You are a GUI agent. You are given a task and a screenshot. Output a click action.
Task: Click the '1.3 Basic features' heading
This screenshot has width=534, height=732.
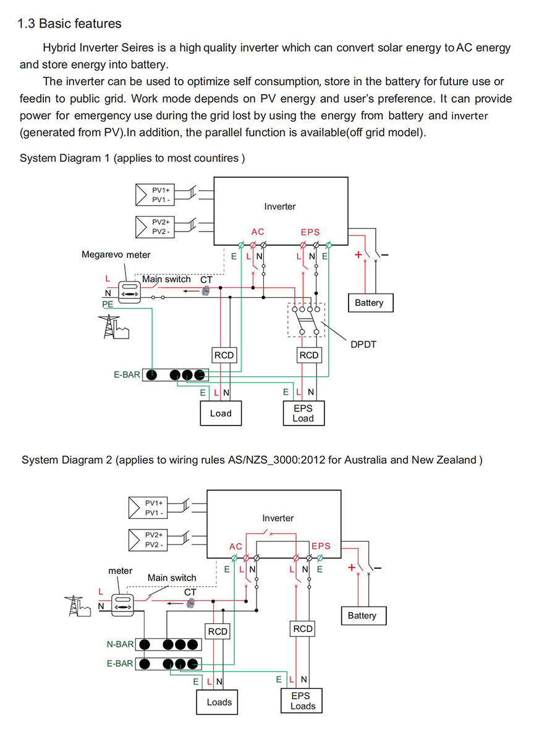click(69, 23)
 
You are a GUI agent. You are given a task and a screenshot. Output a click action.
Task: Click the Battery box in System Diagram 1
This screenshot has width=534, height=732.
click(371, 303)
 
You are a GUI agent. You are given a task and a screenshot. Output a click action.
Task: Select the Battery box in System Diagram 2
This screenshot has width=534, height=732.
click(364, 615)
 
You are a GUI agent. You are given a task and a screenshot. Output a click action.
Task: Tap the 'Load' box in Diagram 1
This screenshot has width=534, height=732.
click(221, 413)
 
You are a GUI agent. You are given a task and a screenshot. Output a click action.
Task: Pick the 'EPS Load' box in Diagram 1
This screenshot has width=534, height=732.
click(303, 413)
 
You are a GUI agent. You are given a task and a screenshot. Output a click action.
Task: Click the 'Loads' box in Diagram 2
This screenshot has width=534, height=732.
click(217, 702)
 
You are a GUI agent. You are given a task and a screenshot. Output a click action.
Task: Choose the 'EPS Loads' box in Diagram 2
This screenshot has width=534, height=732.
click(302, 700)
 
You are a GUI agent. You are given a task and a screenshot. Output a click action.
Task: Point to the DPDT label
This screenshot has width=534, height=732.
click(363, 345)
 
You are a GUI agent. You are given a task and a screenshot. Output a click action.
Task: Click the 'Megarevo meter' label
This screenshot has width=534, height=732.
click(116, 255)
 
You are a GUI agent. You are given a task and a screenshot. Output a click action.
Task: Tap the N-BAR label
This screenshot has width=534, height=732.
click(120, 644)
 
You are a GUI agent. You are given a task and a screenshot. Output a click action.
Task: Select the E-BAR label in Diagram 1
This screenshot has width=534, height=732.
click(127, 374)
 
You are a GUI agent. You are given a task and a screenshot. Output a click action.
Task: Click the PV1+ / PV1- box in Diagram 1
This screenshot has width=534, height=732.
click(155, 195)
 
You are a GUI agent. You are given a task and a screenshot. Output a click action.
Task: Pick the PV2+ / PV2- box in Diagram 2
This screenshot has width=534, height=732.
click(148, 540)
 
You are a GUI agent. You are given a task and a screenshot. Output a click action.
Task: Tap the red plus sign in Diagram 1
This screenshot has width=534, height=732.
click(358, 255)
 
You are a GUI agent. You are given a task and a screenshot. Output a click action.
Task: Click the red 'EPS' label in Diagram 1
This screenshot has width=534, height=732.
click(310, 232)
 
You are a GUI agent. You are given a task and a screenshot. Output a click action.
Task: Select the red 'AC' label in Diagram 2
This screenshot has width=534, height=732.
click(236, 546)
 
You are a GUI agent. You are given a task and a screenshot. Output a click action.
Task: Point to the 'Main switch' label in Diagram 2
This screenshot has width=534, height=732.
click(172, 578)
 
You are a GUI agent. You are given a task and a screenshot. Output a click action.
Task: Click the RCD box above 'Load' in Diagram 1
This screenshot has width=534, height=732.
click(224, 355)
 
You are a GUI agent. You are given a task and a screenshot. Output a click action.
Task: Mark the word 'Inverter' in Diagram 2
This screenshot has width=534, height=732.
click(278, 518)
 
